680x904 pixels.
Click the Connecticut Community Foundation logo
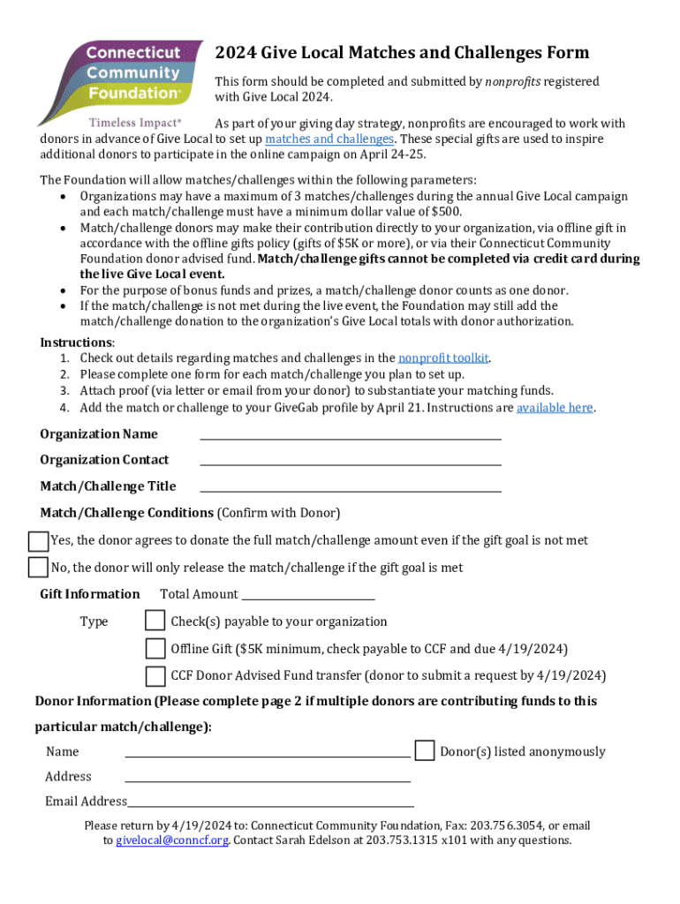[121, 76]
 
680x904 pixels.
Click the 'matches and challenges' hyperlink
[329, 139]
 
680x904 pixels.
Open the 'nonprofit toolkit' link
[443, 358]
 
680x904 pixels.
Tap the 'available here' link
[555, 408]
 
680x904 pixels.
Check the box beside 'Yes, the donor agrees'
[38, 540]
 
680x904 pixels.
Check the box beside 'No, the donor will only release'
[38, 567]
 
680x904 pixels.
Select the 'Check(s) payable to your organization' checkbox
[155, 621]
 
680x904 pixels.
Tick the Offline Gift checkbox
[155, 649]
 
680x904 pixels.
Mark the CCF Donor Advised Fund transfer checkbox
[155, 676]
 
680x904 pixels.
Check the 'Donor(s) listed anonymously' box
[425, 751]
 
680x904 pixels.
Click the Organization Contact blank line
[351, 459]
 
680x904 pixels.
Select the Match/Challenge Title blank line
[351, 486]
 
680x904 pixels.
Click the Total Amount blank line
[308, 595]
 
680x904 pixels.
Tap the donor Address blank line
[268, 777]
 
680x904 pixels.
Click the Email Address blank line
[271, 802]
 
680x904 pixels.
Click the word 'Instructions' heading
[76, 343]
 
